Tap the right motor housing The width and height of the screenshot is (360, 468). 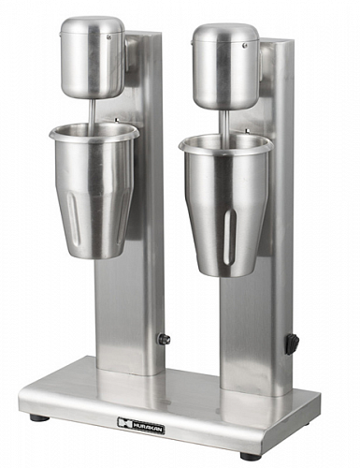pyautogui.click(x=224, y=66)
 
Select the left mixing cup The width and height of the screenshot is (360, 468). pyautogui.click(x=95, y=187)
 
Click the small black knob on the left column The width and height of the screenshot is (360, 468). pyautogui.click(x=164, y=339)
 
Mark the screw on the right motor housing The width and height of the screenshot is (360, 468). pyautogui.click(x=244, y=45)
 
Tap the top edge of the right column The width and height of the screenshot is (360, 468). pyautogui.click(x=278, y=41)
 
